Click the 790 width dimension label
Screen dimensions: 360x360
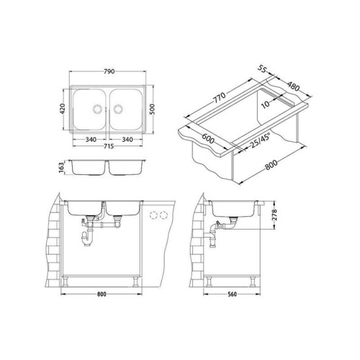[x=109, y=71]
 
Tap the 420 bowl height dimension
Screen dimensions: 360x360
[x=62, y=109]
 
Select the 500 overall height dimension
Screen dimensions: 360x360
[x=153, y=109]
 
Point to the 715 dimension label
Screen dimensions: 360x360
[x=109, y=146]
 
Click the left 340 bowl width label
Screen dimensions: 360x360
[x=91, y=140]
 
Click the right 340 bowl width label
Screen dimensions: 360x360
[x=127, y=140]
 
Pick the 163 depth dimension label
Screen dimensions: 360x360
[x=61, y=167]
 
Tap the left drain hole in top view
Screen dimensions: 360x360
[x=98, y=109]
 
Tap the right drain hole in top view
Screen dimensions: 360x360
[x=118, y=109]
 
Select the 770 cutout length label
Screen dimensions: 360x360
[x=220, y=98]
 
